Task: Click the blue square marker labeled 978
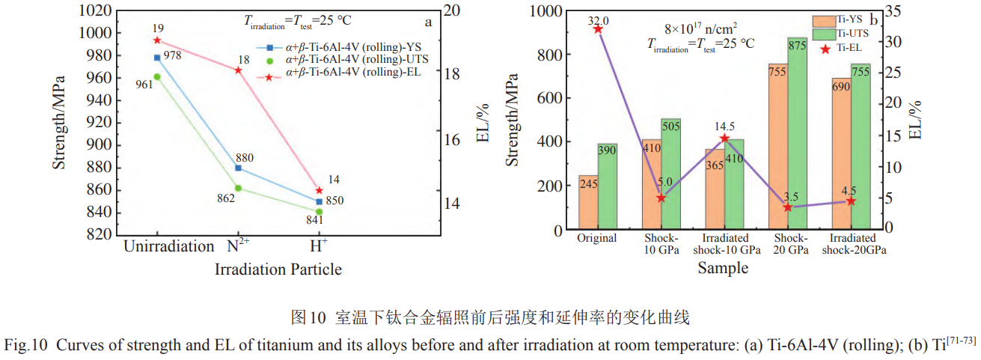coord(157,58)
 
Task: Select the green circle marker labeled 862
coord(238,188)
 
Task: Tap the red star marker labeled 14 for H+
coord(320,191)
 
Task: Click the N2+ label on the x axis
coord(238,246)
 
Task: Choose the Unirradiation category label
coord(168,246)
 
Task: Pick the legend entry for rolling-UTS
coord(351,59)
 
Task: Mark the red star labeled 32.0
coord(598,28)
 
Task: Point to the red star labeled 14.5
coord(724,138)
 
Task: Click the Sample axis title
coord(723,268)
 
